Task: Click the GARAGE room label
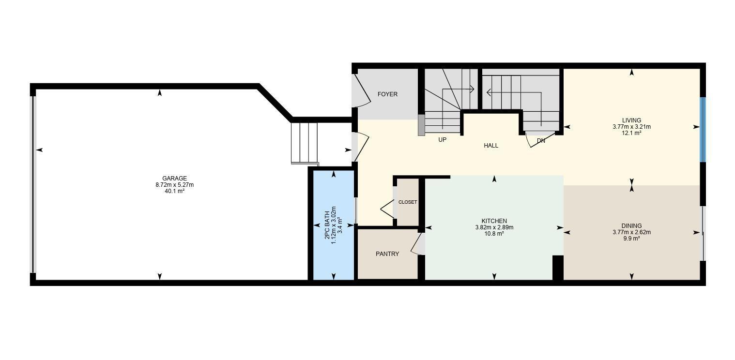pos(174,179)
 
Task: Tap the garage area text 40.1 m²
pos(174,191)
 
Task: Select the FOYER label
pos(387,94)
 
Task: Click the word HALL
pos(490,145)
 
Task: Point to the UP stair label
pos(442,139)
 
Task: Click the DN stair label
pos(541,141)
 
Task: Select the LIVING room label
pos(631,120)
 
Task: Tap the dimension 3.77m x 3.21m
pos(631,127)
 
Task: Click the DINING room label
pos(631,226)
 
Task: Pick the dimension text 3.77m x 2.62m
pos(631,232)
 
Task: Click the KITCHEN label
pos(494,221)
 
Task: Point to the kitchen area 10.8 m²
pos(494,234)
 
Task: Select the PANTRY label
pos(387,254)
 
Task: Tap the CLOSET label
pos(407,202)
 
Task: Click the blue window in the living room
pos(703,130)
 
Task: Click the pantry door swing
pos(416,244)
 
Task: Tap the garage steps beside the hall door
pos(304,143)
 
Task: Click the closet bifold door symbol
pos(387,209)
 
